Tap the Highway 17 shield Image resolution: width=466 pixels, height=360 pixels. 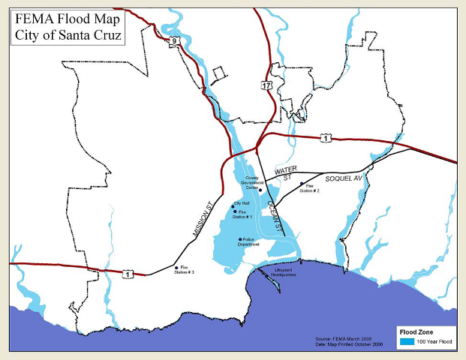266,86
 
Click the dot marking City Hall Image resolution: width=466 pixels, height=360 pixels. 233,205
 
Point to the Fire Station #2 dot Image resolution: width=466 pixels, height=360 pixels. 302,184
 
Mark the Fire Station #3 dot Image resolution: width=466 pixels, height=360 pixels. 176,267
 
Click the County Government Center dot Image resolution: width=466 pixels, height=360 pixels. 260,190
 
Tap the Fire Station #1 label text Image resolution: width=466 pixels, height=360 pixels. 242,214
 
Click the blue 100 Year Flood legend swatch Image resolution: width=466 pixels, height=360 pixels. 407,342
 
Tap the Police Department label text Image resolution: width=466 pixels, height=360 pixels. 249,243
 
